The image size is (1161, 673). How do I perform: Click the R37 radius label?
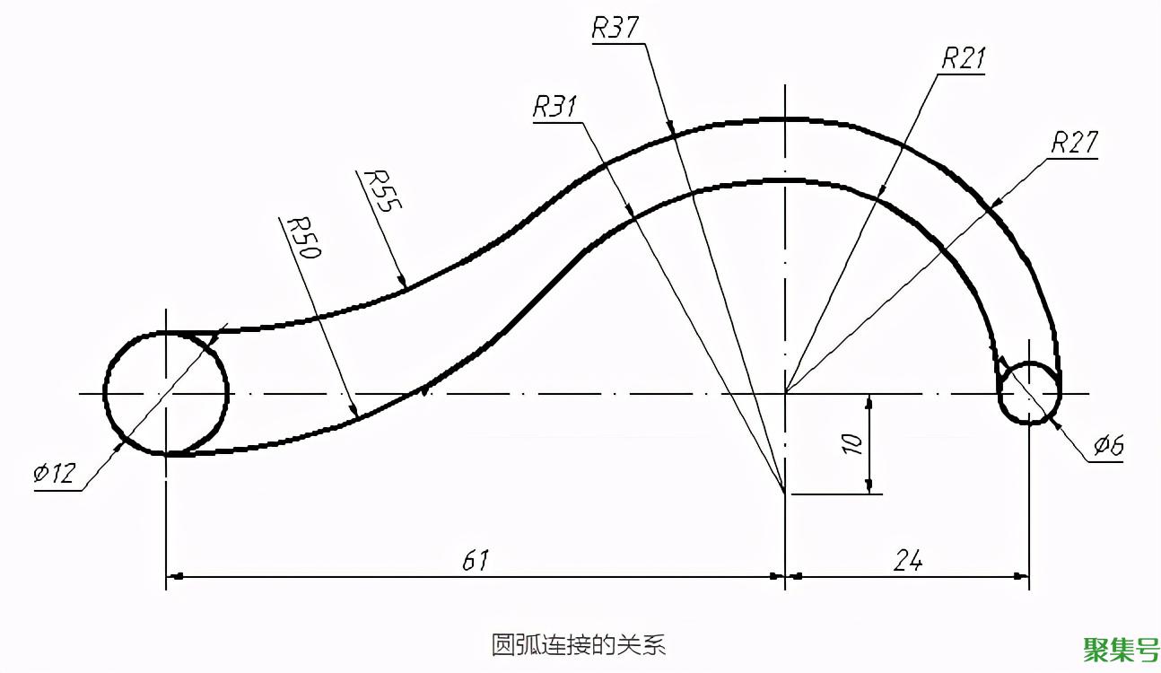tap(615, 27)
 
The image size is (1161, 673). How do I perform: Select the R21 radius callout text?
tap(964, 57)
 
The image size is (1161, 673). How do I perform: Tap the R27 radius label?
tap(1075, 142)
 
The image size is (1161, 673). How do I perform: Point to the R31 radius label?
tap(554, 106)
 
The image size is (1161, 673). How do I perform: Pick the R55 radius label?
tap(382, 191)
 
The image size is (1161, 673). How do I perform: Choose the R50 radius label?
tap(304, 238)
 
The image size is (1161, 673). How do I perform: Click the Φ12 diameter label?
tap(55, 473)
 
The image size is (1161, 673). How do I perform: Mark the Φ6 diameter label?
tap(1108, 445)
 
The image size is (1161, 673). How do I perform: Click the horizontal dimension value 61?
tap(476, 561)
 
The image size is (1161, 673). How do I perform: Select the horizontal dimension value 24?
tap(908, 561)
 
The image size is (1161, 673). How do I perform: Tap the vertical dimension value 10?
tap(852, 444)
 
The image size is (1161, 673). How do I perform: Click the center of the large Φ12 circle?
tap(166, 394)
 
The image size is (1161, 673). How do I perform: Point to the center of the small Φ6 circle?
tap(1029, 394)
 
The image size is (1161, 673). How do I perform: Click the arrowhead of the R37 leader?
tap(671, 128)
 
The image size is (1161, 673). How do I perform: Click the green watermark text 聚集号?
tap(1121, 650)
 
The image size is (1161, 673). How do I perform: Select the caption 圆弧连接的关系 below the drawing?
tap(579, 645)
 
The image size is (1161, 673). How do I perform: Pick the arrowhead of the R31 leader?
tap(630, 209)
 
